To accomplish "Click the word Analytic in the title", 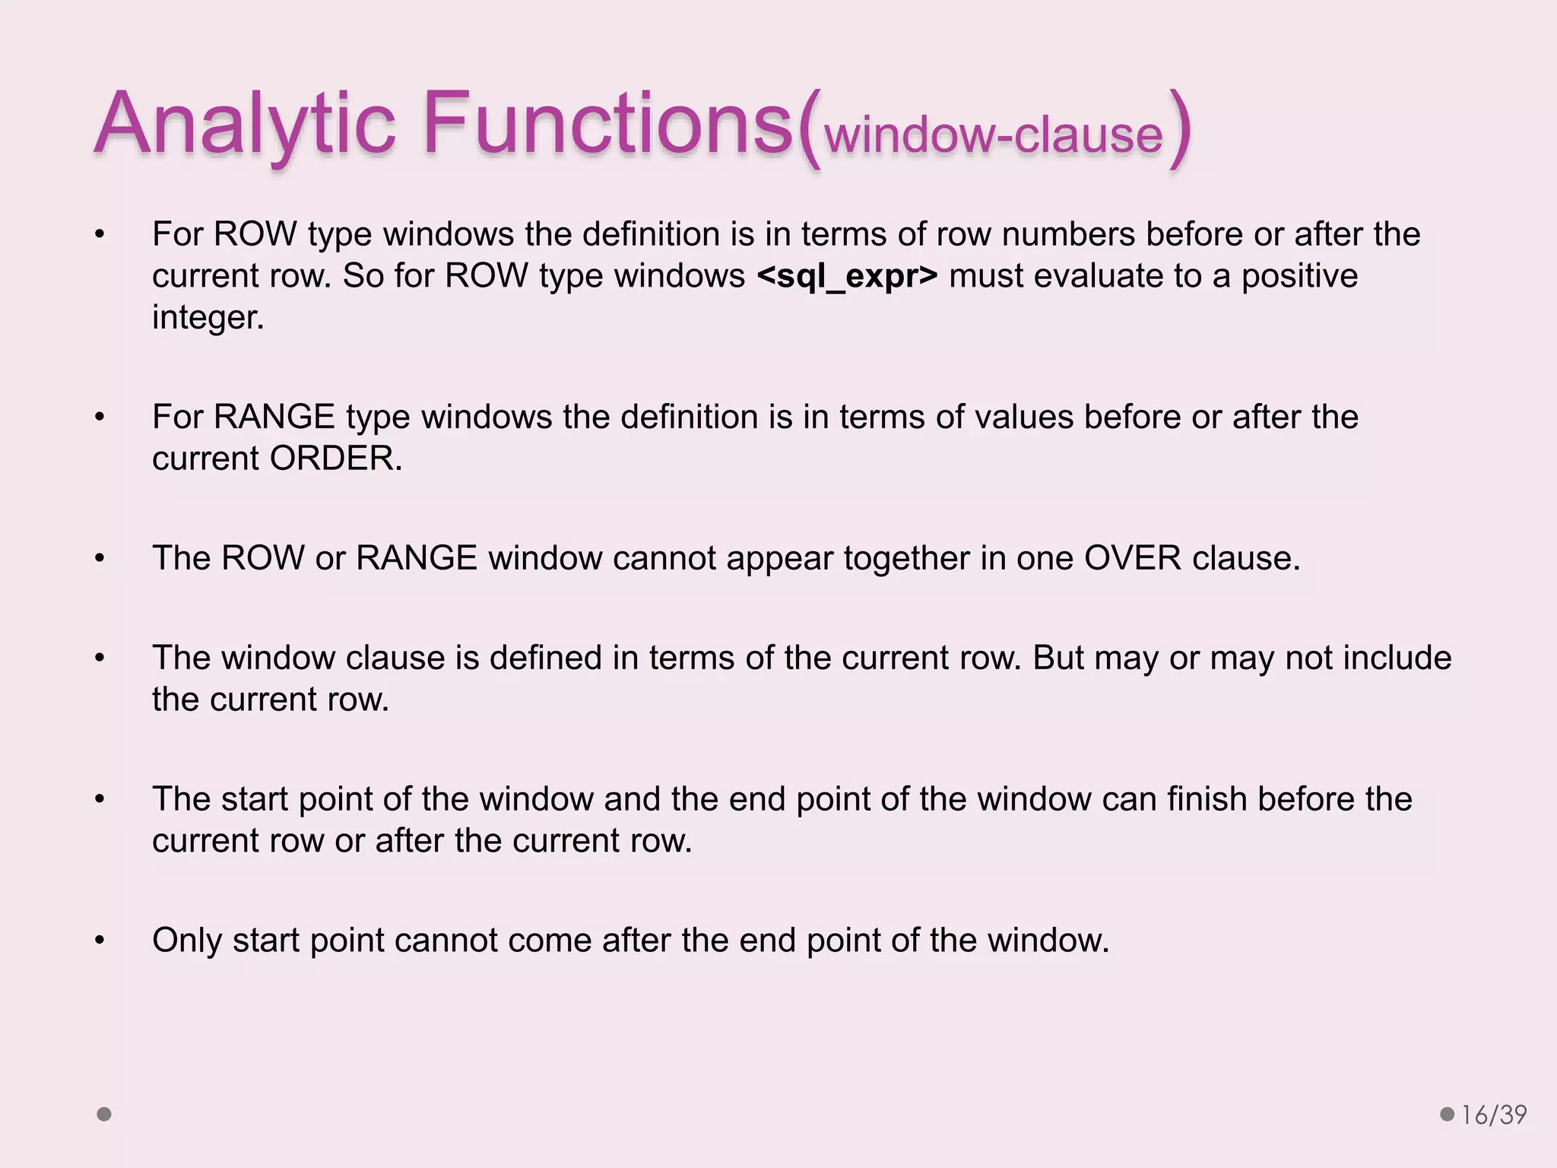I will click(x=245, y=124).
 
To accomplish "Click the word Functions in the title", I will click(x=608, y=124).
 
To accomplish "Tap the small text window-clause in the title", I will click(x=994, y=135).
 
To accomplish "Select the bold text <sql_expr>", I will click(x=848, y=276).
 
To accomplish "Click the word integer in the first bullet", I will click(x=207, y=318).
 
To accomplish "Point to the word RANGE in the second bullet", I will click(x=274, y=417).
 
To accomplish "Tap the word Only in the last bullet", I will click(x=186, y=941).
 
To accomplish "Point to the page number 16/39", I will click(x=1494, y=1115).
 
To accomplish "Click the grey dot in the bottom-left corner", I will click(x=104, y=1115).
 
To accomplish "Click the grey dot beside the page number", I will click(x=1448, y=1115).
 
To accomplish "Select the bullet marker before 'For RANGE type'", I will click(x=100, y=417).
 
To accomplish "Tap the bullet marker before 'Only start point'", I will click(x=100, y=941).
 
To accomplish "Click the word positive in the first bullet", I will click(x=1299, y=276).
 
